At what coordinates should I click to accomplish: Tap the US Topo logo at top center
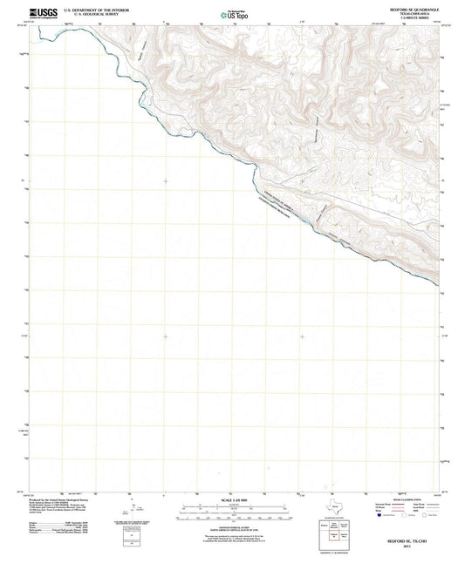point(232,13)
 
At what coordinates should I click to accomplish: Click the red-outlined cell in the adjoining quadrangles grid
point(338,535)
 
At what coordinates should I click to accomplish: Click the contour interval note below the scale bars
point(232,526)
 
